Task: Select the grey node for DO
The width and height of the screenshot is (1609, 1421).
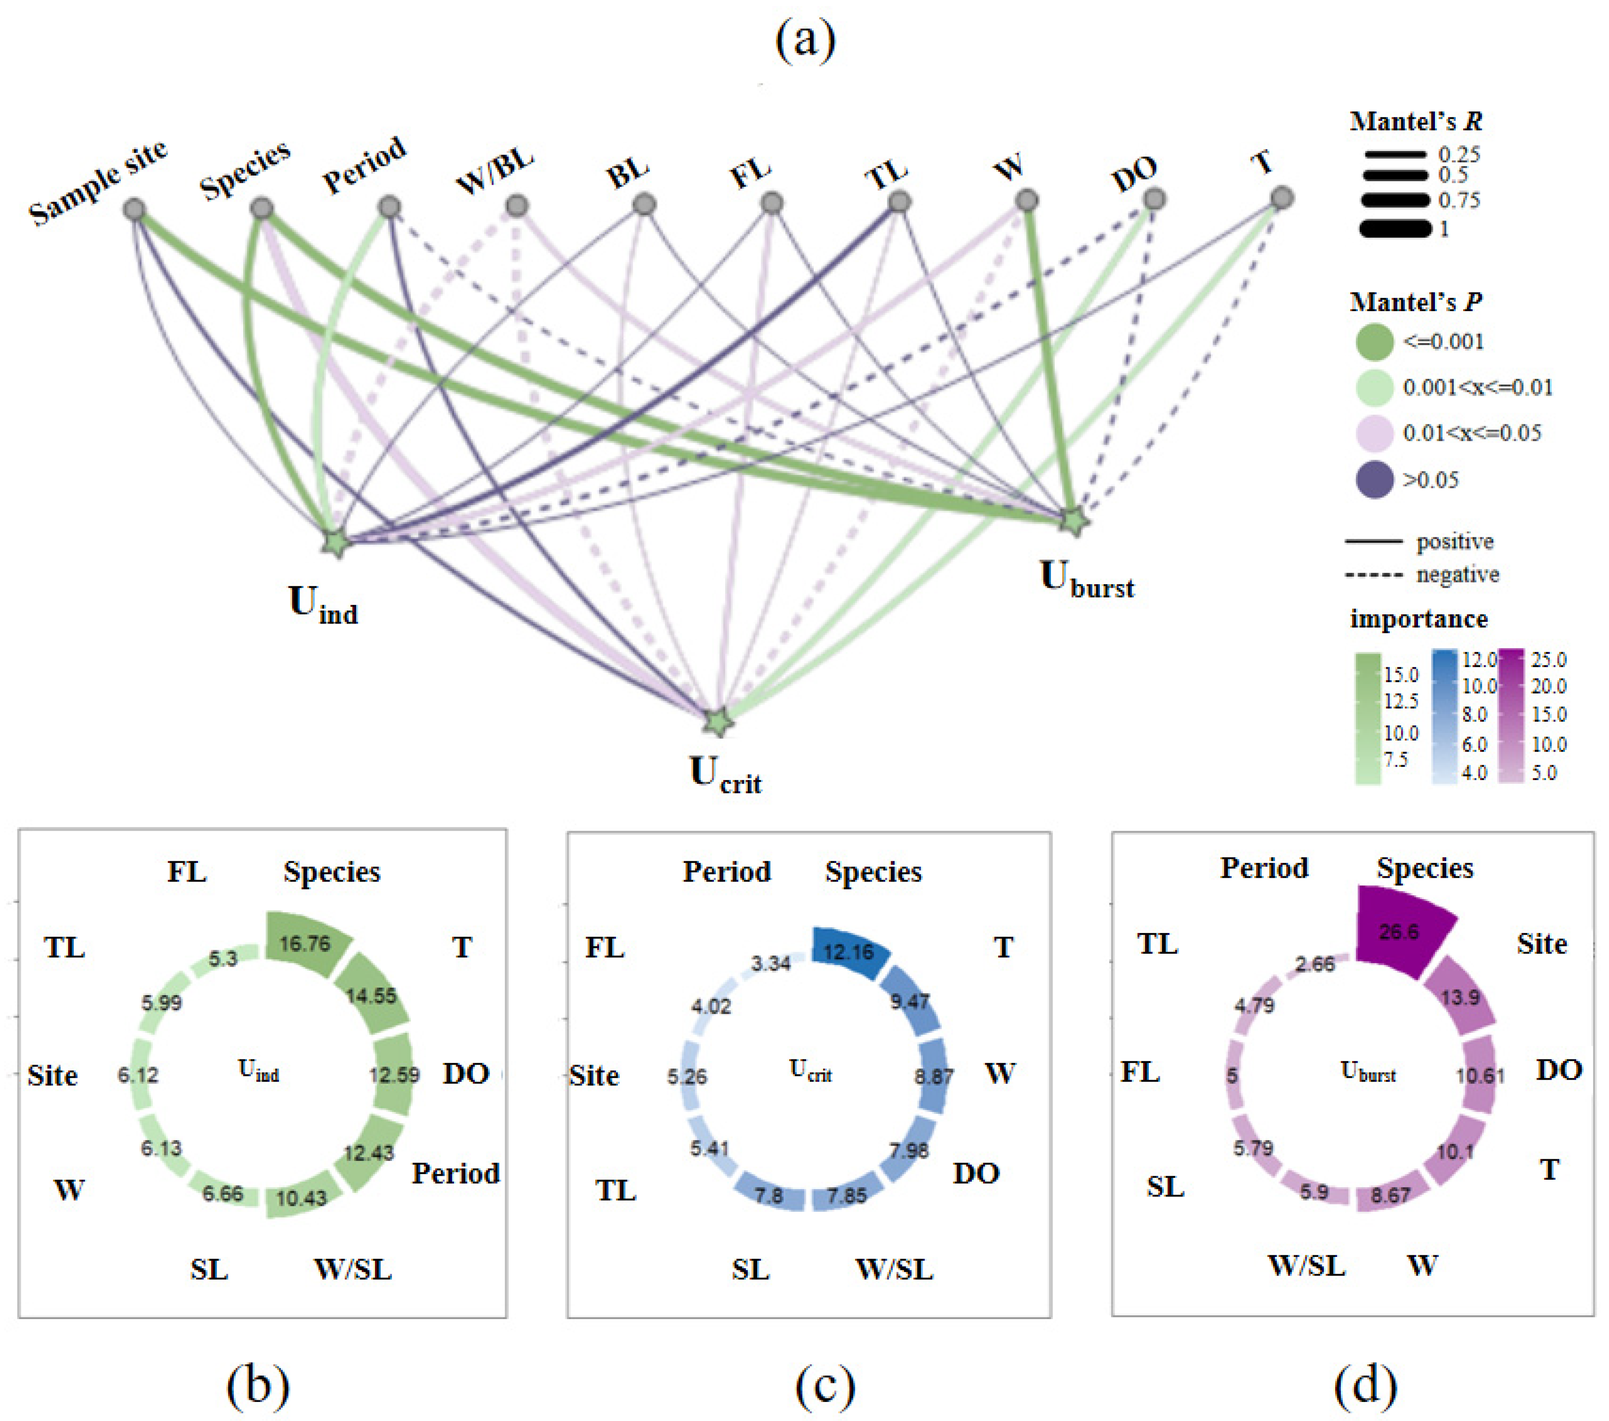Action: click(1154, 199)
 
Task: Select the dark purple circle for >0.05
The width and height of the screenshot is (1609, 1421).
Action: click(1375, 479)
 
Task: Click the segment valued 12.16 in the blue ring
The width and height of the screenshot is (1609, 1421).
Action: click(848, 952)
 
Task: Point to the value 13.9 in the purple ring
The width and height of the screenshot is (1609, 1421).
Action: click(1460, 998)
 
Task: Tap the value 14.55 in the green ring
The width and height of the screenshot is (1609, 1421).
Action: click(371, 996)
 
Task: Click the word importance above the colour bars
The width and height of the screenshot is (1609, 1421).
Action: click(1418, 620)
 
